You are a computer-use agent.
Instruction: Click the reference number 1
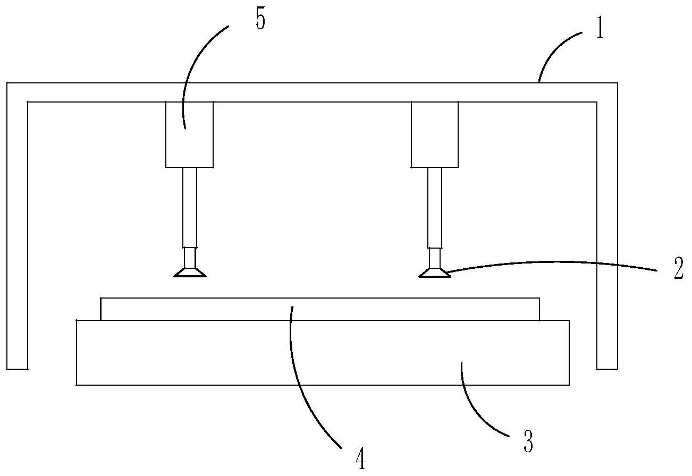(x=600, y=29)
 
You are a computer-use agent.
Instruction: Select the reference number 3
(x=528, y=442)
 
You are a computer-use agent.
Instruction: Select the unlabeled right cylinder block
(x=435, y=134)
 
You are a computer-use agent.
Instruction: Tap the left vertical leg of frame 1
(x=16, y=228)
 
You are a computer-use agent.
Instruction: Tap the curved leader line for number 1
(x=558, y=49)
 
